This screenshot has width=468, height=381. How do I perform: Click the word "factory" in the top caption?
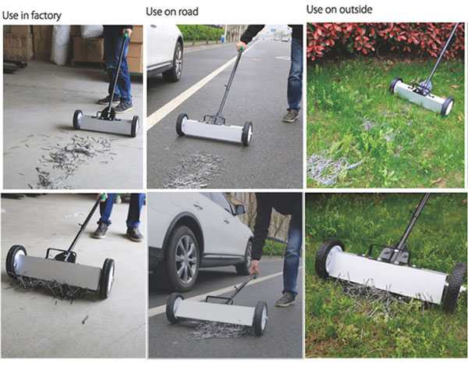click(47, 16)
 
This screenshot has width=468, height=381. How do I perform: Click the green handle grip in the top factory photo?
click(126, 35)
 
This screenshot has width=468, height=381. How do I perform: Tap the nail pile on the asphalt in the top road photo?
click(194, 170)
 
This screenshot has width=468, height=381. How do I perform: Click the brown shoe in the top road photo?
click(291, 116)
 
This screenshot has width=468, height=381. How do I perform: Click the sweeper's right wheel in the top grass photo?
click(448, 106)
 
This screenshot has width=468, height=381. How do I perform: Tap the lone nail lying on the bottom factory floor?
click(85, 319)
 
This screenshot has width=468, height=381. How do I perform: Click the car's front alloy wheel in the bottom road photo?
click(184, 259)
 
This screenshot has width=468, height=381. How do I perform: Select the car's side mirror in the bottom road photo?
click(240, 209)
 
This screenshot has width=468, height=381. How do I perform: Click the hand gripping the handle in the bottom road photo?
click(254, 267)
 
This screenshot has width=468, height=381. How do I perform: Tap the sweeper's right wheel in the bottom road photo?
click(261, 318)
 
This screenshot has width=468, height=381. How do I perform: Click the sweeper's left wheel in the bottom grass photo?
click(329, 258)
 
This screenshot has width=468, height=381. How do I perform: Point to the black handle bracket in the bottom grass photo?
click(395, 255)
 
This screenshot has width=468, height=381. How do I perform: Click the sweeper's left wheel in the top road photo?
click(182, 125)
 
